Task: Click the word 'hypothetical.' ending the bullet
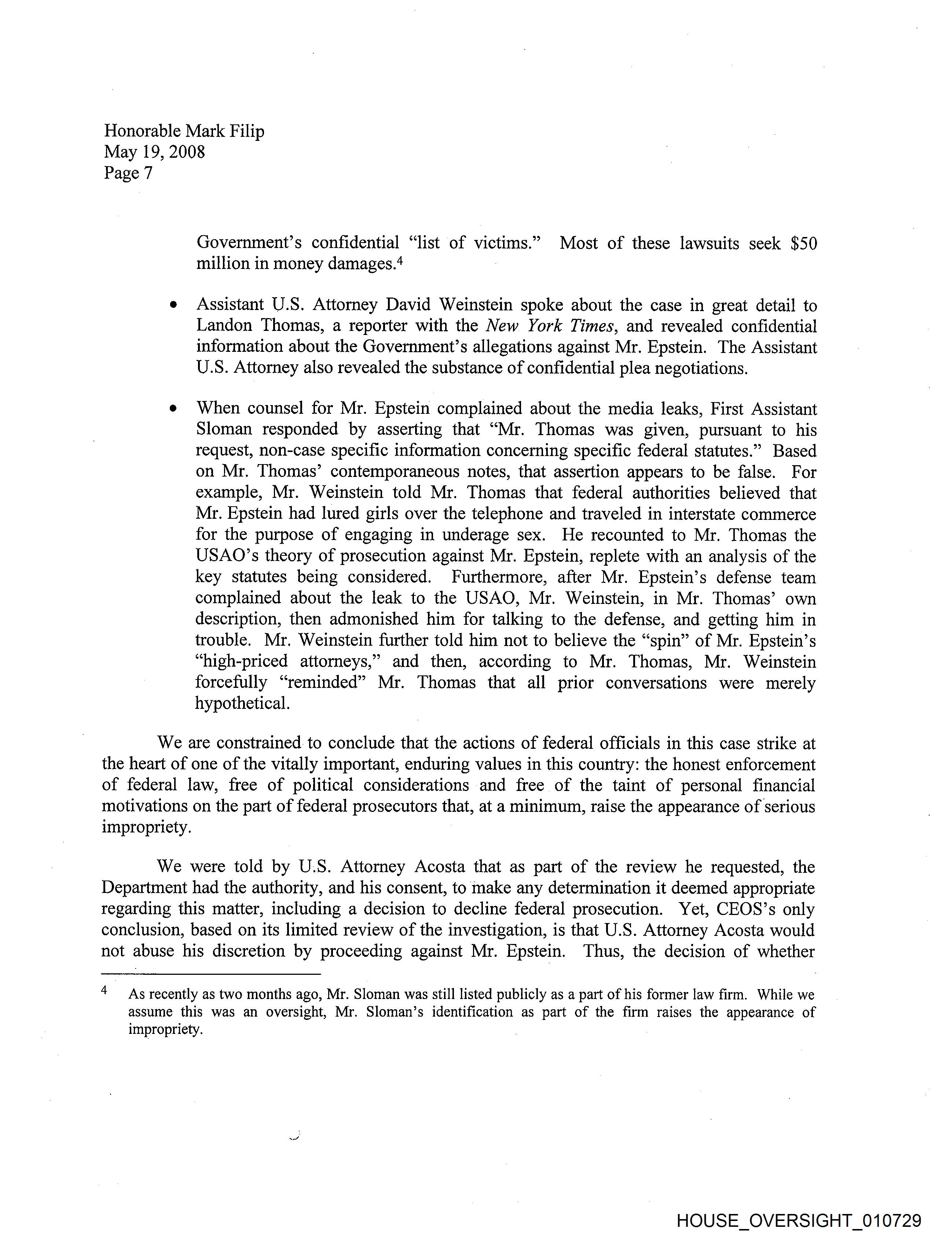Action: pos(242,704)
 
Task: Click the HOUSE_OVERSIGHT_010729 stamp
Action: pos(798,1220)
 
